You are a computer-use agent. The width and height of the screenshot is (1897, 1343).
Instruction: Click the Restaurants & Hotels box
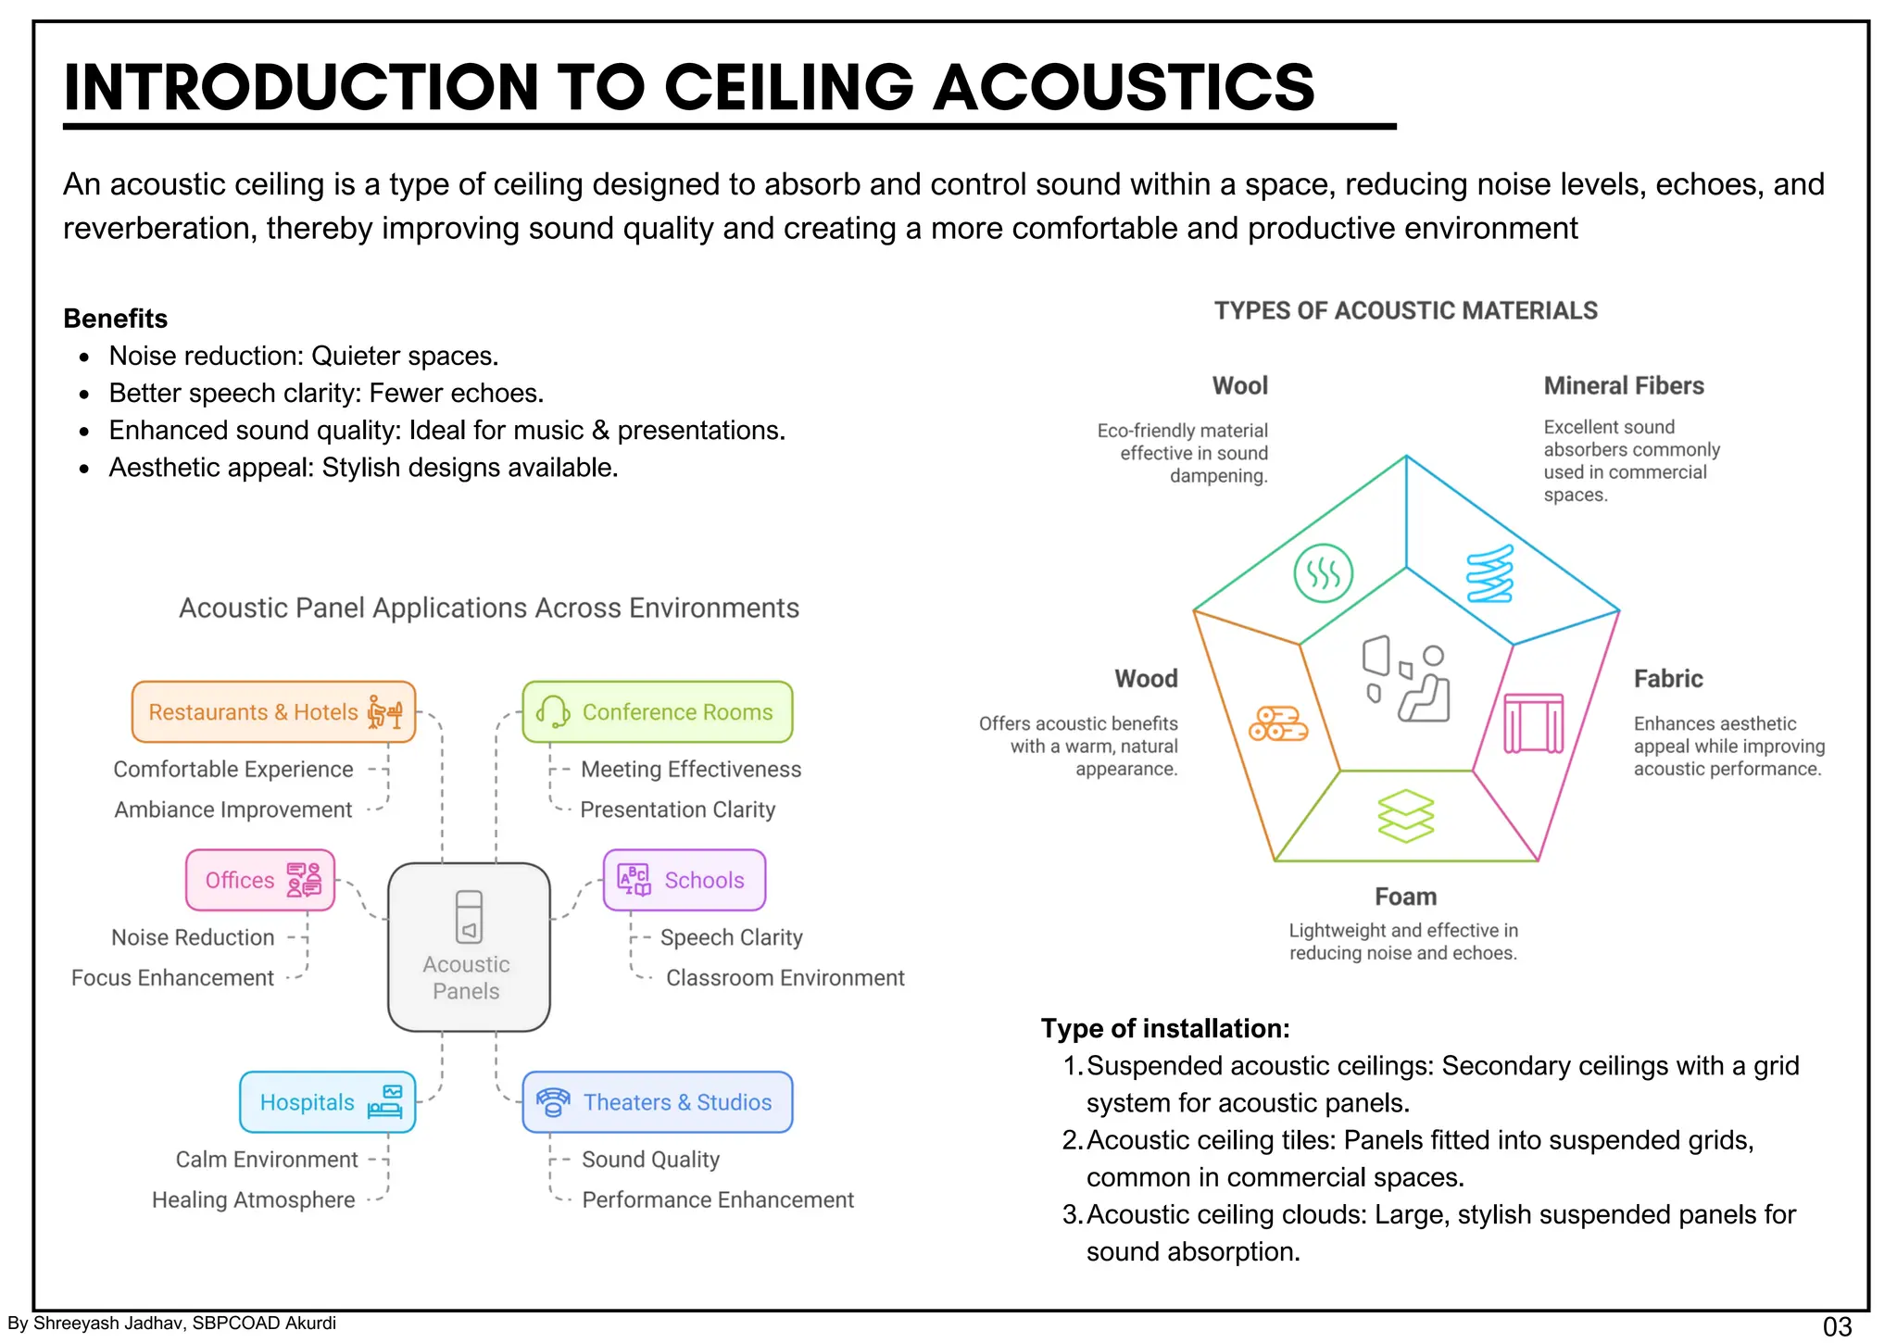click(x=273, y=712)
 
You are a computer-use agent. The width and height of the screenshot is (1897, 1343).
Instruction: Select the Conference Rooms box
click(x=658, y=712)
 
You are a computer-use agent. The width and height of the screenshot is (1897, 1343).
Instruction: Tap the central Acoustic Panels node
click(x=469, y=947)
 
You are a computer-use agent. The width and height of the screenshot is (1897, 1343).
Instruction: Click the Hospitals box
click(x=328, y=1102)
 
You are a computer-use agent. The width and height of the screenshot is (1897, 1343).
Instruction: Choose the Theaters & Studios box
click(x=658, y=1102)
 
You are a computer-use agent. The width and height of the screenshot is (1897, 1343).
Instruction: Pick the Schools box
click(x=685, y=880)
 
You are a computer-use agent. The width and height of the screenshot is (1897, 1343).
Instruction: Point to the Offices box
click(x=260, y=880)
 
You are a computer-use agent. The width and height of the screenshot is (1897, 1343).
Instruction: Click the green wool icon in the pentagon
click(x=1323, y=573)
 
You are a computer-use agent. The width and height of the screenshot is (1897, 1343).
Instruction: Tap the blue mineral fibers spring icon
click(x=1489, y=573)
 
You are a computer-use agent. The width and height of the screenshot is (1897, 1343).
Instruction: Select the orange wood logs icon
click(x=1277, y=723)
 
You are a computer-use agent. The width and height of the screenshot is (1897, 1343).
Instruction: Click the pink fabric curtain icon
click(x=1533, y=723)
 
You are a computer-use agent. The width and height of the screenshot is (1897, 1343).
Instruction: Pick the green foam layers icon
click(x=1405, y=815)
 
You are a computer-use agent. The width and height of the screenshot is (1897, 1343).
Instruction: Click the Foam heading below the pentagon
click(x=1405, y=897)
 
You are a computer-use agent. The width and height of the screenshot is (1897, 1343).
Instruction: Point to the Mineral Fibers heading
click(x=1623, y=385)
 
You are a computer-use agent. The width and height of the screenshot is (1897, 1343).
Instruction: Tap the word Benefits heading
click(x=115, y=319)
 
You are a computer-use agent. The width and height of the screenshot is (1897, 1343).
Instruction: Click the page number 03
click(x=1836, y=1326)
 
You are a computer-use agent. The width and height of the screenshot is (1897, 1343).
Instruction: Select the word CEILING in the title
click(x=788, y=87)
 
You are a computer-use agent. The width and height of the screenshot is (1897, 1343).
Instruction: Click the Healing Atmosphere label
click(x=253, y=1199)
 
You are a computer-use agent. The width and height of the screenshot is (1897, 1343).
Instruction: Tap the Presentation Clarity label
click(x=677, y=810)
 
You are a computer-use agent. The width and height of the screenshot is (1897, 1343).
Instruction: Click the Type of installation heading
click(x=1164, y=1028)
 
